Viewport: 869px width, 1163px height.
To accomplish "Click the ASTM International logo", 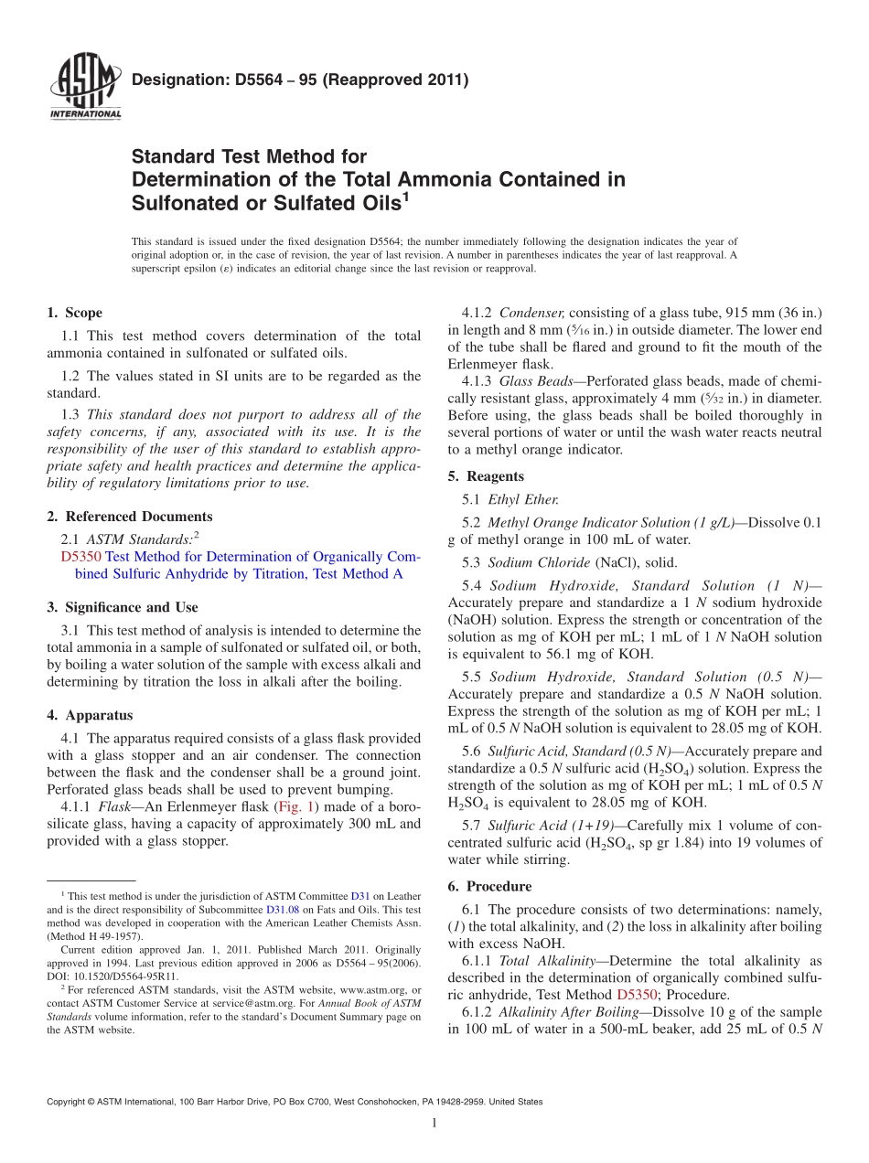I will coord(84,88).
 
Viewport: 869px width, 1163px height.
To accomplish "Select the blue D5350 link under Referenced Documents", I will coord(80,557).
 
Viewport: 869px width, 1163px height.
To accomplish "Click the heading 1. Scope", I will coord(74,313).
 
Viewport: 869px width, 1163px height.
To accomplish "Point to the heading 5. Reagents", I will coord(486,476).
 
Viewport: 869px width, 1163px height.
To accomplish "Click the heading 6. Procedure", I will coord(489,886).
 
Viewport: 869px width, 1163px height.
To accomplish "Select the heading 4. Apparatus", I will coord(90,715).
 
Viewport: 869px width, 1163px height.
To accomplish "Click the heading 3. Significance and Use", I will coord(123,607).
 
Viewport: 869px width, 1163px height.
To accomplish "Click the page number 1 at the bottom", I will coord(434,1124).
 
